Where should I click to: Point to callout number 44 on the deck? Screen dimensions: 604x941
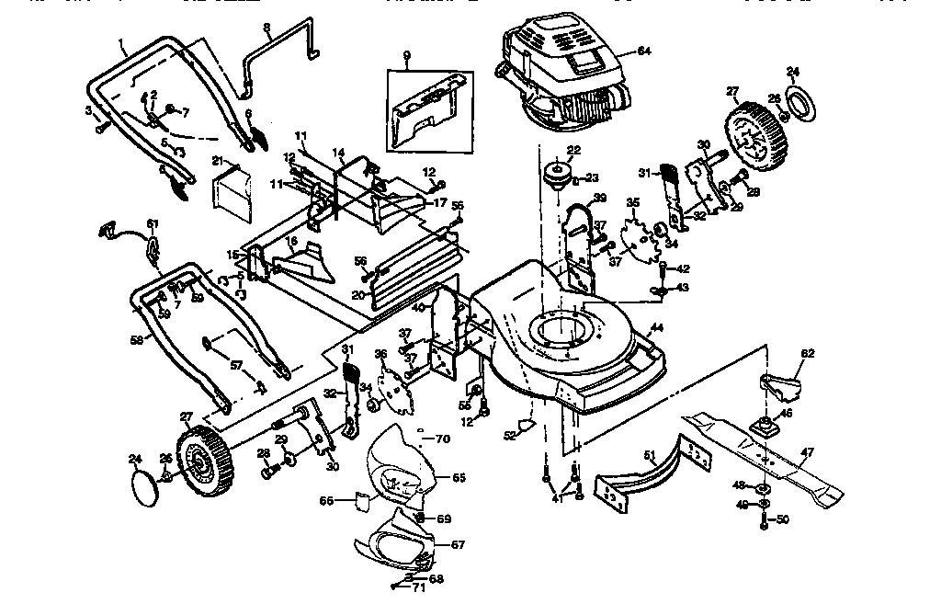655,327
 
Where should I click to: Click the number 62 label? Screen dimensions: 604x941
808,352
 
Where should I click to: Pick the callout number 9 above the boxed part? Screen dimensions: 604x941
405,55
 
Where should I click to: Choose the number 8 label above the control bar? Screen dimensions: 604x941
266,28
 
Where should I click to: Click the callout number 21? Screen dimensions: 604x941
218,161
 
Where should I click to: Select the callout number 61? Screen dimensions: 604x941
153,223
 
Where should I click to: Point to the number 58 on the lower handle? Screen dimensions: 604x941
136,339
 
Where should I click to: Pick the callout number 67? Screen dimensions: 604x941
457,544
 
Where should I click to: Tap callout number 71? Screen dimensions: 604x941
420,586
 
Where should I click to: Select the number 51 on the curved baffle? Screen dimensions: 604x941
648,453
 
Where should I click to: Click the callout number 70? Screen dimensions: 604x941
443,439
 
